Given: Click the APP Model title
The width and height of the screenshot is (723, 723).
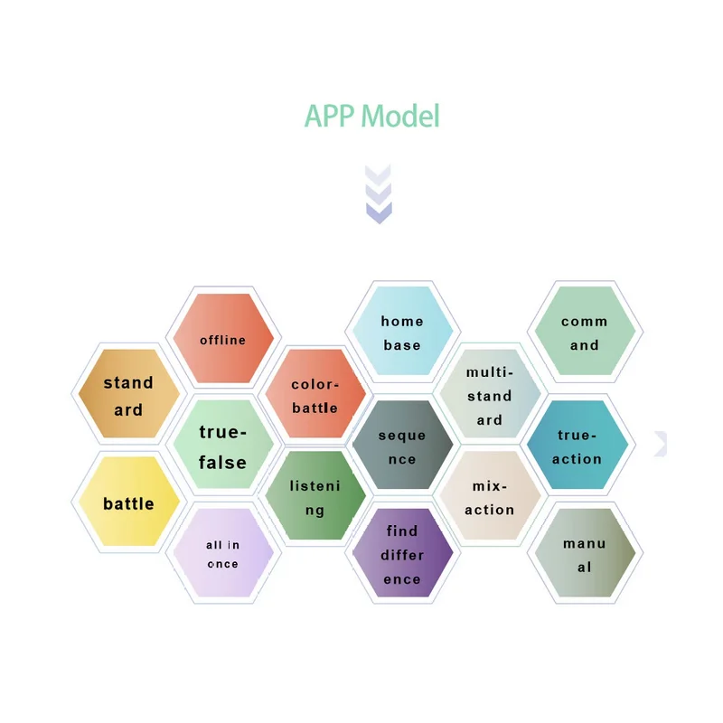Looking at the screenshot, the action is [371, 117].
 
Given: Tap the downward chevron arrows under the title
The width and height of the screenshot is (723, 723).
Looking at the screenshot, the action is [379, 193].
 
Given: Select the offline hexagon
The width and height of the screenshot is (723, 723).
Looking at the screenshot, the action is [223, 339].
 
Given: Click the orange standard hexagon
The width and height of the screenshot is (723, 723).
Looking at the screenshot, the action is [128, 395].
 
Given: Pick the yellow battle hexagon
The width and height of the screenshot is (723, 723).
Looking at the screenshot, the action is [128, 502].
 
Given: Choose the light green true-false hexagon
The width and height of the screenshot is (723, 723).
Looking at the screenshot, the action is [223, 446].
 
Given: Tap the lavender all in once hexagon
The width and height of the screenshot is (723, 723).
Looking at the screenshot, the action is [223, 553].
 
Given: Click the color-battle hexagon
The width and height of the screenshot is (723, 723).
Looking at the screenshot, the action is [315, 395].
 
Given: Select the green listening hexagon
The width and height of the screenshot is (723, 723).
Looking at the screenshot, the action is [315, 497].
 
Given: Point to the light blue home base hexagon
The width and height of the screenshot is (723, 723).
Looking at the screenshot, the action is [402, 333].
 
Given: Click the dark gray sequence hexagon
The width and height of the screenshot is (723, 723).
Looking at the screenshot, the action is [402, 446].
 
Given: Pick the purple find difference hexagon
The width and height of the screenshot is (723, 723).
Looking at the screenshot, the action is [402, 554].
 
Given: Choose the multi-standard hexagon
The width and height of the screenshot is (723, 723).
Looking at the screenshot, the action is [490, 395].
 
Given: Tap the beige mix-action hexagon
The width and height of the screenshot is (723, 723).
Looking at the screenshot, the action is [490, 497].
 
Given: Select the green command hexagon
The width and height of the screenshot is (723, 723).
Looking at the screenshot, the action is [585, 333].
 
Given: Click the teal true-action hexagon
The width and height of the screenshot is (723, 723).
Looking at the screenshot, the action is [577, 446].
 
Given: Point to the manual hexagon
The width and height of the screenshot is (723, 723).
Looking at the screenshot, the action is [585, 554].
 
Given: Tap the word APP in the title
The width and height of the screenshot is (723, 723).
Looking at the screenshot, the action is [329, 117].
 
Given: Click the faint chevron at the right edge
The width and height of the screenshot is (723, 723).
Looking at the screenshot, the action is [661, 443].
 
